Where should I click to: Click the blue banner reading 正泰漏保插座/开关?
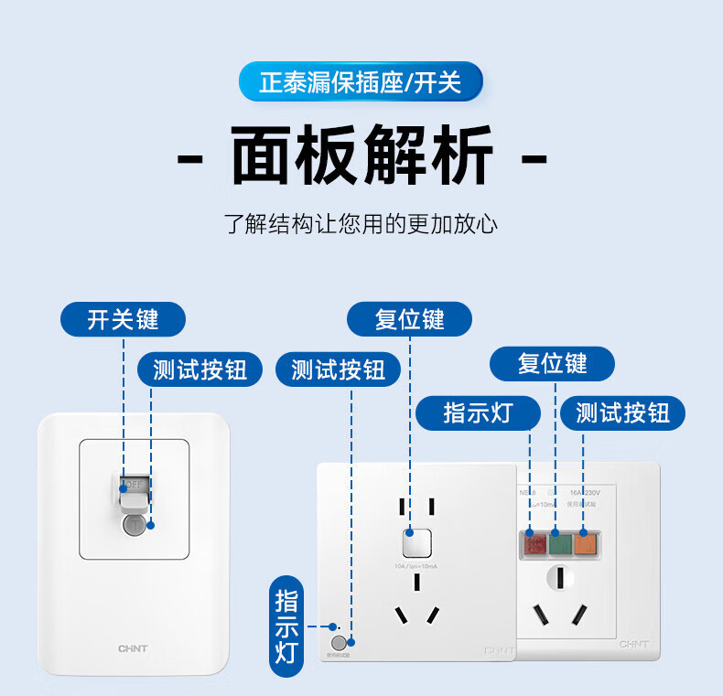[x=361, y=82]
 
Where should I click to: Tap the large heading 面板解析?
[x=361, y=158]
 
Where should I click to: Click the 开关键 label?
[x=123, y=320]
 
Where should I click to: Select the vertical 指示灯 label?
[x=286, y=626]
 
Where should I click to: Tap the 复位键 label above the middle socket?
[x=409, y=319]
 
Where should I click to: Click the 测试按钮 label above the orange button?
[x=622, y=412]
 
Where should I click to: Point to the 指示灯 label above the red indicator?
[x=478, y=412]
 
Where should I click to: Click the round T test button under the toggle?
[x=135, y=526]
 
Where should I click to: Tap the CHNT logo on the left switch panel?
[x=133, y=648]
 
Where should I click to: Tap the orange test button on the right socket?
[x=585, y=545]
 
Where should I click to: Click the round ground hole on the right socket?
[x=559, y=578]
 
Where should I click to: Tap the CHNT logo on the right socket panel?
[x=633, y=644]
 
